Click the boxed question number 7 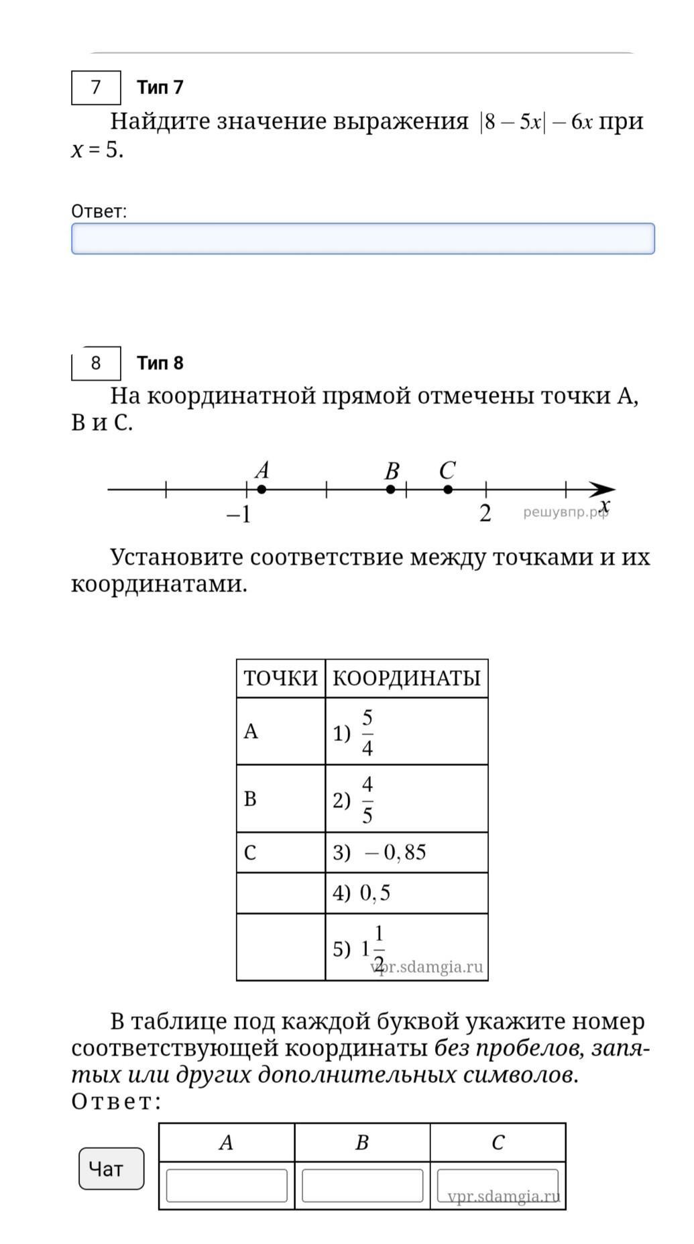pos(96,87)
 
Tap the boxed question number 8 pos(96,363)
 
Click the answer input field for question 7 pos(363,239)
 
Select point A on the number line pos(262,490)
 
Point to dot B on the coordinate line pos(391,490)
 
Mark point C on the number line pos(448,490)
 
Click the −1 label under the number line pos(239,514)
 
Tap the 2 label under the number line pos(485,514)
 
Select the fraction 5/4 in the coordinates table pos(367,732)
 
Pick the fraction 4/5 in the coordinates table pos(367,799)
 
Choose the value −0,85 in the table pos(396,852)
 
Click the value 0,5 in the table pos(375,893)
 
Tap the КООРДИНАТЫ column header pos(406,679)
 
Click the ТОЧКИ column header pos(280,679)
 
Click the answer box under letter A pos(227,1186)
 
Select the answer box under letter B pos(362,1186)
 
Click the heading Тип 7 pos(160,87)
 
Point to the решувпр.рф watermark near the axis pos(565,513)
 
